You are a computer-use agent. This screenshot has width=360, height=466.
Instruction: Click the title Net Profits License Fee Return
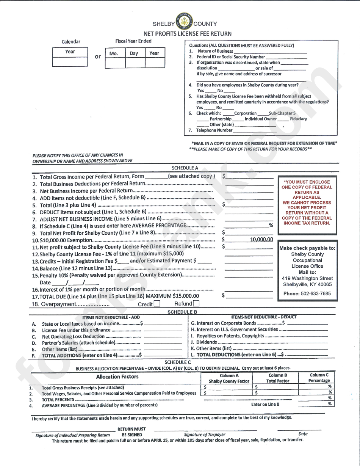(x=187, y=33)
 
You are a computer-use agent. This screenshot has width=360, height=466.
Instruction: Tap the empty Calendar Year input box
(x=70, y=62)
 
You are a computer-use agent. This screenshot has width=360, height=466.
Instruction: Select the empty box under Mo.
(x=115, y=63)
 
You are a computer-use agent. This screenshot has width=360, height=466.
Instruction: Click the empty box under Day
(x=135, y=63)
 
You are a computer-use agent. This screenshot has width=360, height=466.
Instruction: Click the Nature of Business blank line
(x=270, y=52)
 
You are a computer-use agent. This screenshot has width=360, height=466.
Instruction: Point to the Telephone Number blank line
(x=255, y=130)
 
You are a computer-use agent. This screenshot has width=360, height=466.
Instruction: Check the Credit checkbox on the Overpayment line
(x=157, y=304)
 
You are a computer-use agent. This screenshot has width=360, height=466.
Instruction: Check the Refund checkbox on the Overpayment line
(x=196, y=303)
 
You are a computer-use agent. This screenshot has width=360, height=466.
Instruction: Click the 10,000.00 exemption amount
(x=261, y=239)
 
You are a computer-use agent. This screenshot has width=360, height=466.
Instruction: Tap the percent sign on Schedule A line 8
(x=271, y=225)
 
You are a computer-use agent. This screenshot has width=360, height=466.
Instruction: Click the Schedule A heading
(x=185, y=168)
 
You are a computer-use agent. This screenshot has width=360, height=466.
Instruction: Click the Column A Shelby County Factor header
(x=229, y=378)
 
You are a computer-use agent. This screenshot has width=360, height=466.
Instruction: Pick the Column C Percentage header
(x=319, y=378)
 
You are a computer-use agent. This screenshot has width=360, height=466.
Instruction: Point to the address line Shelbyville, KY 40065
(x=307, y=284)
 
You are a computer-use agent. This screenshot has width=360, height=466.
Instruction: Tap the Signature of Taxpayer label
(x=204, y=435)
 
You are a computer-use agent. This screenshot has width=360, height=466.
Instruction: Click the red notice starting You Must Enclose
(x=307, y=202)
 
